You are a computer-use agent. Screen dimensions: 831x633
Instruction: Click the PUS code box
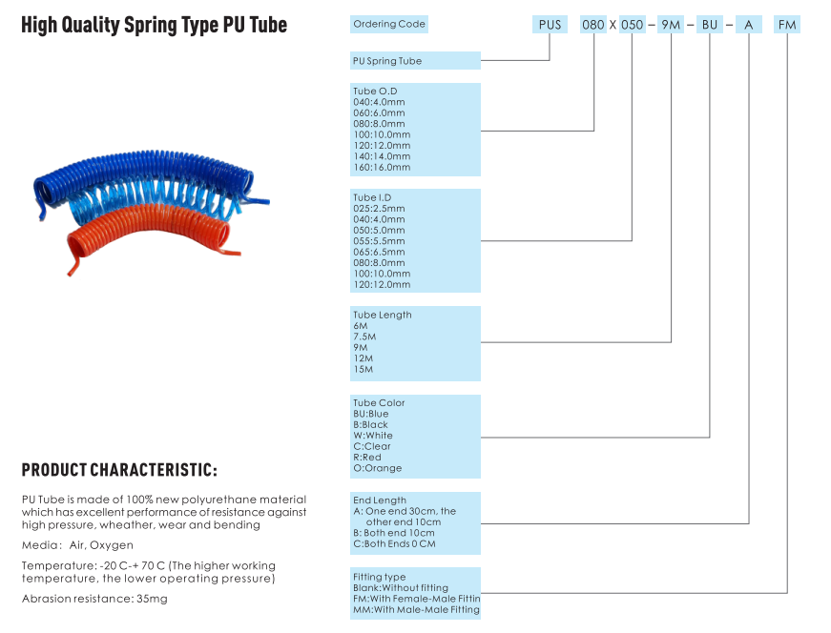click(550, 25)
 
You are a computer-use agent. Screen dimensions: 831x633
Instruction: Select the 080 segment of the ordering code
click(593, 25)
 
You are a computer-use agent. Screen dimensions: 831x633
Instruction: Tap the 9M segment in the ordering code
click(671, 25)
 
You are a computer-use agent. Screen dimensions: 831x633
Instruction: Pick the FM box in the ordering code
click(787, 25)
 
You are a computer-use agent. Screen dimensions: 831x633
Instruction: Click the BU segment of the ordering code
click(710, 25)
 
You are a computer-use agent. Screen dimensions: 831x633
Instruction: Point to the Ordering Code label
click(389, 24)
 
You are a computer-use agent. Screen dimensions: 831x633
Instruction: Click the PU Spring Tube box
click(415, 60)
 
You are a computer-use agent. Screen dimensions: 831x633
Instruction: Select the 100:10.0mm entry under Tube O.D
click(382, 134)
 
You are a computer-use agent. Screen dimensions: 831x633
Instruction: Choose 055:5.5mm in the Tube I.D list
click(379, 241)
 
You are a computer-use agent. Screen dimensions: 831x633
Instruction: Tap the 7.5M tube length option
click(364, 337)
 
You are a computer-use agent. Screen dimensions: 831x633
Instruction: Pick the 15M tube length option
click(364, 369)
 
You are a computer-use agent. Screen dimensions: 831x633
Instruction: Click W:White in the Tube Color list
click(373, 436)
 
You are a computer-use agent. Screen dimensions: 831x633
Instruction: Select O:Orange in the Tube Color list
click(378, 468)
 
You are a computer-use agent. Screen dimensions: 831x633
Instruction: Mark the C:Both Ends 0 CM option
click(394, 544)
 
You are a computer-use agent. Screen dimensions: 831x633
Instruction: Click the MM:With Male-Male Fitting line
click(416, 610)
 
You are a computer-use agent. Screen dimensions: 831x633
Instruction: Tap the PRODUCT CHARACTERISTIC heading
click(119, 470)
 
